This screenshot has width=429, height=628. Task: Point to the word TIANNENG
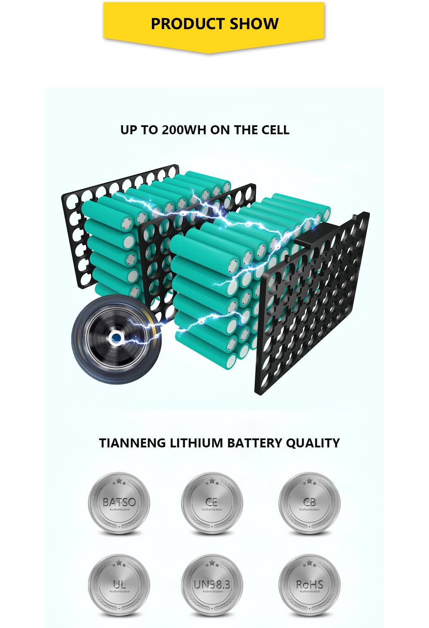(x=133, y=443)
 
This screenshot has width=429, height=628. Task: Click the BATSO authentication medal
(x=119, y=503)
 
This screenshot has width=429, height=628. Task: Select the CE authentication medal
(x=212, y=503)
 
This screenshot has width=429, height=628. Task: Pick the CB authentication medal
(x=309, y=503)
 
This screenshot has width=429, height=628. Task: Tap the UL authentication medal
(x=119, y=585)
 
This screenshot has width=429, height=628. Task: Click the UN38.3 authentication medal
(x=212, y=585)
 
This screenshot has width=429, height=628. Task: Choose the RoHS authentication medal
(x=309, y=585)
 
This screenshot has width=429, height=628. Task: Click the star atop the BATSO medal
(x=119, y=480)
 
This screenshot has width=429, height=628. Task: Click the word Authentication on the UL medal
(x=120, y=592)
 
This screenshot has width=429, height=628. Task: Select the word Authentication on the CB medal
(x=309, y=510)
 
